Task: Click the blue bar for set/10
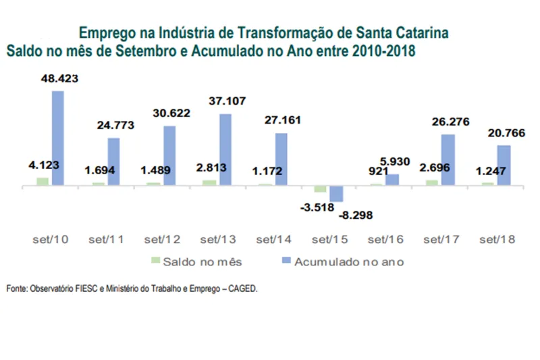58,138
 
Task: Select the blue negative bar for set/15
336,193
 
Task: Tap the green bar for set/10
43,181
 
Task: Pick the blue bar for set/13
225,149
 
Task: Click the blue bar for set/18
504,165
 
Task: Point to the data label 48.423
59,78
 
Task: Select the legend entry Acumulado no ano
348,261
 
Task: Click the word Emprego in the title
105,32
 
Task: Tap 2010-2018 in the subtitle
386,51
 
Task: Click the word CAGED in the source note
241,288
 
